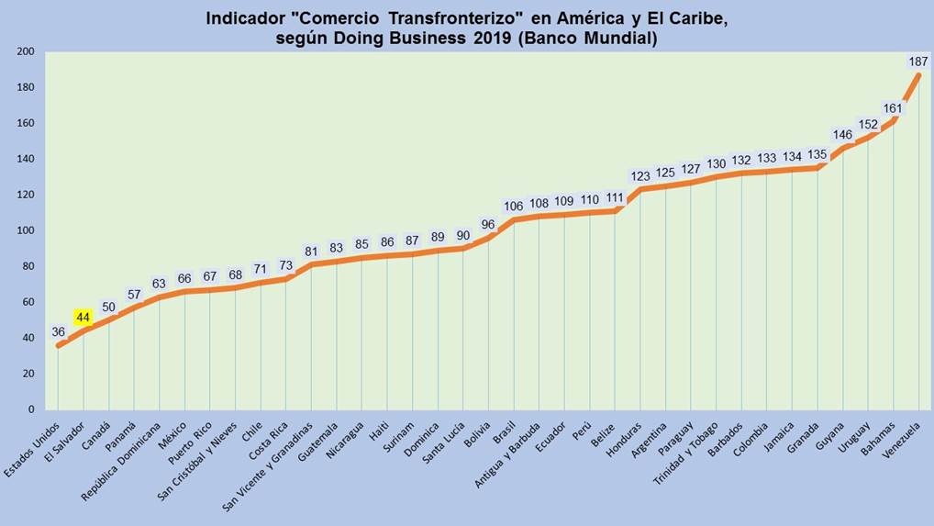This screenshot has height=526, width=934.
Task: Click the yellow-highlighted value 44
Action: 83,318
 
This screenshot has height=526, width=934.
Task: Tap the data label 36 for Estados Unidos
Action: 58,332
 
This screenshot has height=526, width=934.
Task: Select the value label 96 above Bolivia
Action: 488,224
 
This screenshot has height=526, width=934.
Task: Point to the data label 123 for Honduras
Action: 640,175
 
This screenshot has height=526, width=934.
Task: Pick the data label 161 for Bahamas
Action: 893,108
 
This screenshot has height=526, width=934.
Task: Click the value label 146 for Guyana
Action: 842,135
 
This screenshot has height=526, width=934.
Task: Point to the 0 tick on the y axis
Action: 30,409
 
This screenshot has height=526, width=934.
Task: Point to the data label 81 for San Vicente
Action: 311,252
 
